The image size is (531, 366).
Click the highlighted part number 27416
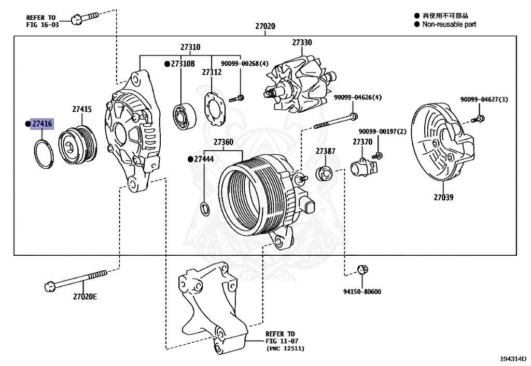tap(42, 124)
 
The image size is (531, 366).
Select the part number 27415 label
tap(82, 109)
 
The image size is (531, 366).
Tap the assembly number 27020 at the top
tap(265, 26)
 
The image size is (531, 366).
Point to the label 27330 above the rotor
tap(302, 42)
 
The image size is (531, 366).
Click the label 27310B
tap(182, 64)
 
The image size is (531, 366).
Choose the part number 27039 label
tap(444, 197)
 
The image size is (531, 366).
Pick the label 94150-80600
tap(363, 291)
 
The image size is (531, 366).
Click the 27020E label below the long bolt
tap(85, 297)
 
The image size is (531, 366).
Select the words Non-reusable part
tap(449, 24)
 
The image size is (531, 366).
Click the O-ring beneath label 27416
tap(44, 153)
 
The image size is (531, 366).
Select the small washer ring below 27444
tap(204, 209)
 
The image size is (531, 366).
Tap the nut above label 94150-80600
tap(363, 269)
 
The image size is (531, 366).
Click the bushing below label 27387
tap(324, 173)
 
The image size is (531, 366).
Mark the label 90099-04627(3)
tap(484, 99)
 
